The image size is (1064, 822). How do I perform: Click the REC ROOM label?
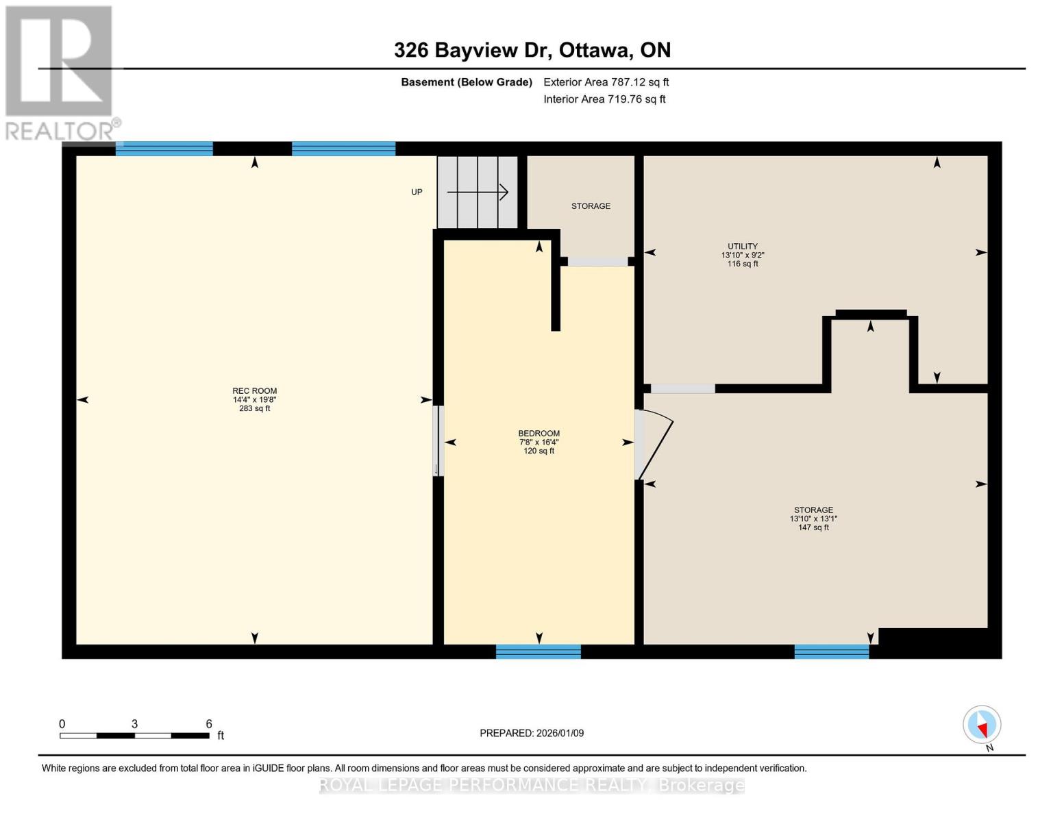pos(254,390)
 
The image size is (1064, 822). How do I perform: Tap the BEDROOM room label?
pos(539,434)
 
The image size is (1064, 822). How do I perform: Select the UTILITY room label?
pos(742,246)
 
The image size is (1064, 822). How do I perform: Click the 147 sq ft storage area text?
pos(813,527)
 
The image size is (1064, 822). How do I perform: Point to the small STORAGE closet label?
pos(591,206)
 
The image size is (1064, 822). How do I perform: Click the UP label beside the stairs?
pos(416,192)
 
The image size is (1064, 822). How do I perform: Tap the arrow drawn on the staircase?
pos(478,192)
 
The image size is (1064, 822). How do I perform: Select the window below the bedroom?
pos(538,651)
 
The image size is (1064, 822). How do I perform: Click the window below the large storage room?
pos(832,651)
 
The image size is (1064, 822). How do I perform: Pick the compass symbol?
pos(982,725)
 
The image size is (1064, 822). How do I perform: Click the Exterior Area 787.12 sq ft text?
pos(606,82)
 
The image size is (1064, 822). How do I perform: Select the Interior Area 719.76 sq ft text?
pos(604,99)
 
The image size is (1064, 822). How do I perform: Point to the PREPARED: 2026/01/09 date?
pos(531,733)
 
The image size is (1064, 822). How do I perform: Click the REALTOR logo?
pos(62,73)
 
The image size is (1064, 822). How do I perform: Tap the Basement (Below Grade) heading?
pos(466,82)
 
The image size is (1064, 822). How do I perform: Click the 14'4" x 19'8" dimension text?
pos(254,399)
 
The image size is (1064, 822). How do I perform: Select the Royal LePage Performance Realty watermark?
pos(532,785)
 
